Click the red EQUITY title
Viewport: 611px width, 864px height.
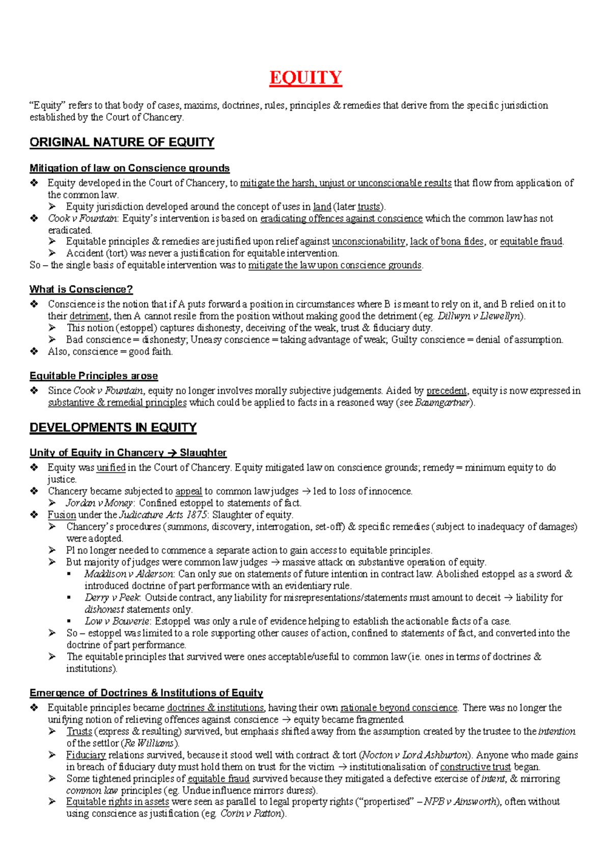(305, 77)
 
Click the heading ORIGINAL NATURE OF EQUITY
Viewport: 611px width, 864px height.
(122, 142)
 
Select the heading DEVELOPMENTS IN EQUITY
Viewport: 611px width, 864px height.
(113, 427)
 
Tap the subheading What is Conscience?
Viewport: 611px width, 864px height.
(81, 290)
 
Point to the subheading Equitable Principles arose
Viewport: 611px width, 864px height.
(94, 376)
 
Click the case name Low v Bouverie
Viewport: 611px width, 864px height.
(117, 621)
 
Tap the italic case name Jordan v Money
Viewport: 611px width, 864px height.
(99, 503)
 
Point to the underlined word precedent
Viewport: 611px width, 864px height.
(446, 391)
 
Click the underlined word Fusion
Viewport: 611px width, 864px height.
(62, 515)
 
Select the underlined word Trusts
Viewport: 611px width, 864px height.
(79, 732)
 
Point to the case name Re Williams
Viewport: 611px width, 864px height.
(149, 743)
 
